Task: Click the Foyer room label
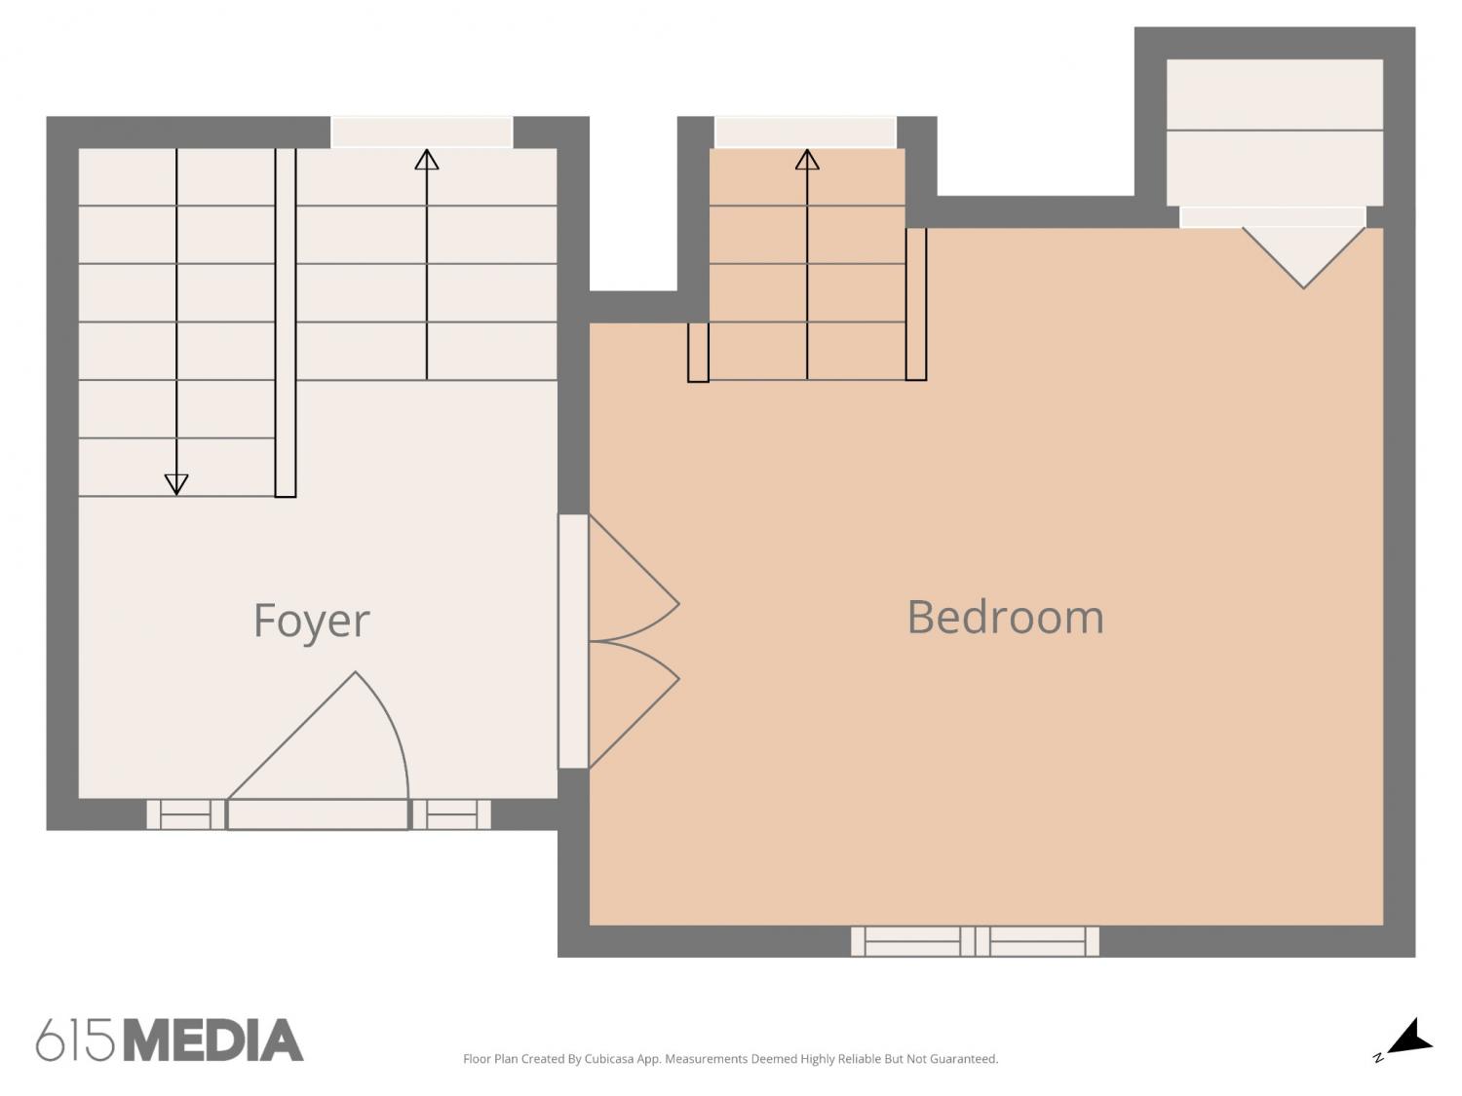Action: (x=311, y=621)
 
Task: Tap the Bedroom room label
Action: (x=1005, y=617)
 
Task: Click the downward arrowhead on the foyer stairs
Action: (x=176, y=484)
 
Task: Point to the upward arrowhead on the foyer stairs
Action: (x=426, y=160)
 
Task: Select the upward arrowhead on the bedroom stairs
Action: (x=807, y=160)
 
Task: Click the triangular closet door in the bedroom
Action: (x=1303, y=257)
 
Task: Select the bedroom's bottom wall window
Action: (x=975, y=942)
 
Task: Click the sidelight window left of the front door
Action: (x=186, y=814)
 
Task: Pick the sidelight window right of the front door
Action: (x=451, y=814)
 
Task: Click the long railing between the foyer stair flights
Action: (x=285, y=322)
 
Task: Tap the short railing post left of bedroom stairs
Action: (x=698, y=352)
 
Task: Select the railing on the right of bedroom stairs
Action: (x=916, y=304)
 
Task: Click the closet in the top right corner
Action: (x=1275, y=132)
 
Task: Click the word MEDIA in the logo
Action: (x=213, y=1039)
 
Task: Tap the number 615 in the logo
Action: (x=75, y=1039)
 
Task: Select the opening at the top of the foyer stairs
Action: (x=422, y=132)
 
